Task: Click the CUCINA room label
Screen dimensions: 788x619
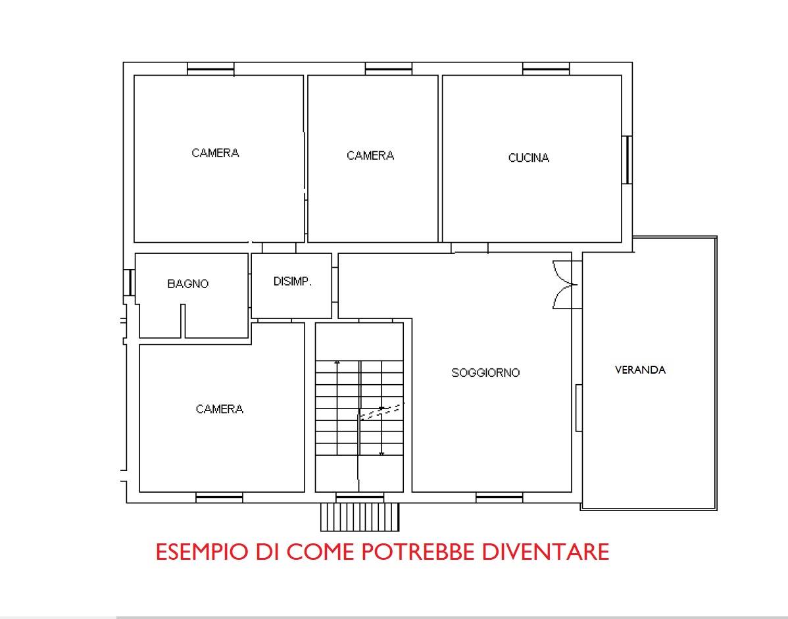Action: pos(529,158)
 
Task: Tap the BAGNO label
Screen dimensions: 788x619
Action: pos(187,284)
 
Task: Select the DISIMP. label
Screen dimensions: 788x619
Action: pos(293,282)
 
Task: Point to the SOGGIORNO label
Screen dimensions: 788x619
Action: pos(485,373)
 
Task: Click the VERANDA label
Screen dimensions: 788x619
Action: pos(640,370)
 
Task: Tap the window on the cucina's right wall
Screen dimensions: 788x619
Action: pos(627,160)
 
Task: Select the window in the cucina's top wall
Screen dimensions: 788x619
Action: pos(546,69)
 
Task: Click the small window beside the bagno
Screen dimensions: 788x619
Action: pos(129,282)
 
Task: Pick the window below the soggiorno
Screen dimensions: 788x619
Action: pos(499,497)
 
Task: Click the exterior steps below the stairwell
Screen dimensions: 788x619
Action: pos(360,516)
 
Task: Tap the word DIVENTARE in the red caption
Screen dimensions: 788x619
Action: pos(546,552)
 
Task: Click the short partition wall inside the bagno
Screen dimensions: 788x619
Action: pos(183,320)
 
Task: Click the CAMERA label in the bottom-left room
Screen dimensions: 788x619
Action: pos(220,409)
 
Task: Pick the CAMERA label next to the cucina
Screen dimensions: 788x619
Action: pos(370,156)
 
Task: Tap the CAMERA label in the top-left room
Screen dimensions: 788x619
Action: pos(215,153)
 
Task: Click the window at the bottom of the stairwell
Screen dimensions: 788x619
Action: pos(360,497)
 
